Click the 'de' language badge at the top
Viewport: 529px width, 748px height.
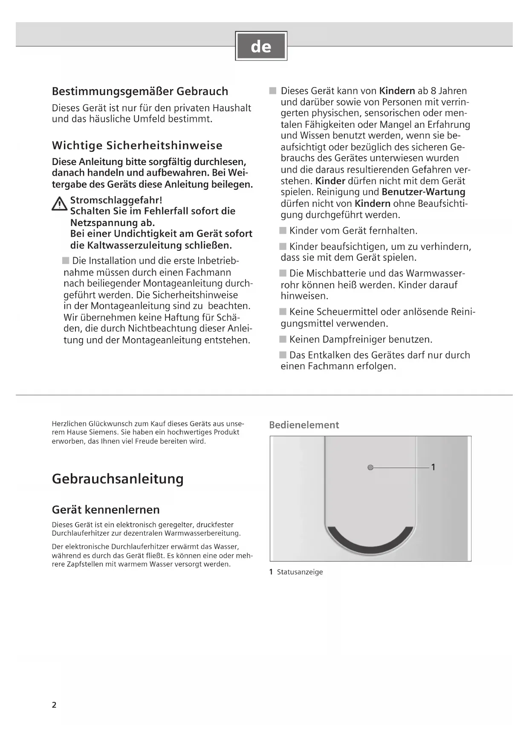[x=261, y=46]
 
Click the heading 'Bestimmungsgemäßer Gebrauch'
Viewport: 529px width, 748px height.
[x=140, y=91]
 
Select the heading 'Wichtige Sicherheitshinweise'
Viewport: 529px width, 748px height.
[x=137, y=145]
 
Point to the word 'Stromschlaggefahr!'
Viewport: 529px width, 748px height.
[x=116, y=200]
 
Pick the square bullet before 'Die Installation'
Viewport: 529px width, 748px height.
[x=66, y=261]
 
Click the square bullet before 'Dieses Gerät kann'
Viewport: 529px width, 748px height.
[x=273, y=91]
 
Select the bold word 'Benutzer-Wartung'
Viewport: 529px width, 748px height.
[x=423, y=192]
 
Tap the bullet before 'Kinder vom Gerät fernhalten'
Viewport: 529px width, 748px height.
[x=283, y=231]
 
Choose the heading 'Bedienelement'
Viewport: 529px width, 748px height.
[x=304, y=425]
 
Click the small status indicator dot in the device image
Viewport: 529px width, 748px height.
[x=370, y=467]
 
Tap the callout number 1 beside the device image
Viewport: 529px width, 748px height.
[x=433, y=467]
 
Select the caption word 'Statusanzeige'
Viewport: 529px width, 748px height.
[x=300, y=572]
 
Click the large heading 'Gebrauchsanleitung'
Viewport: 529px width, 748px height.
[x=118, y=478]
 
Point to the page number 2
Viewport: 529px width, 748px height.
[x=54, y=705]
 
